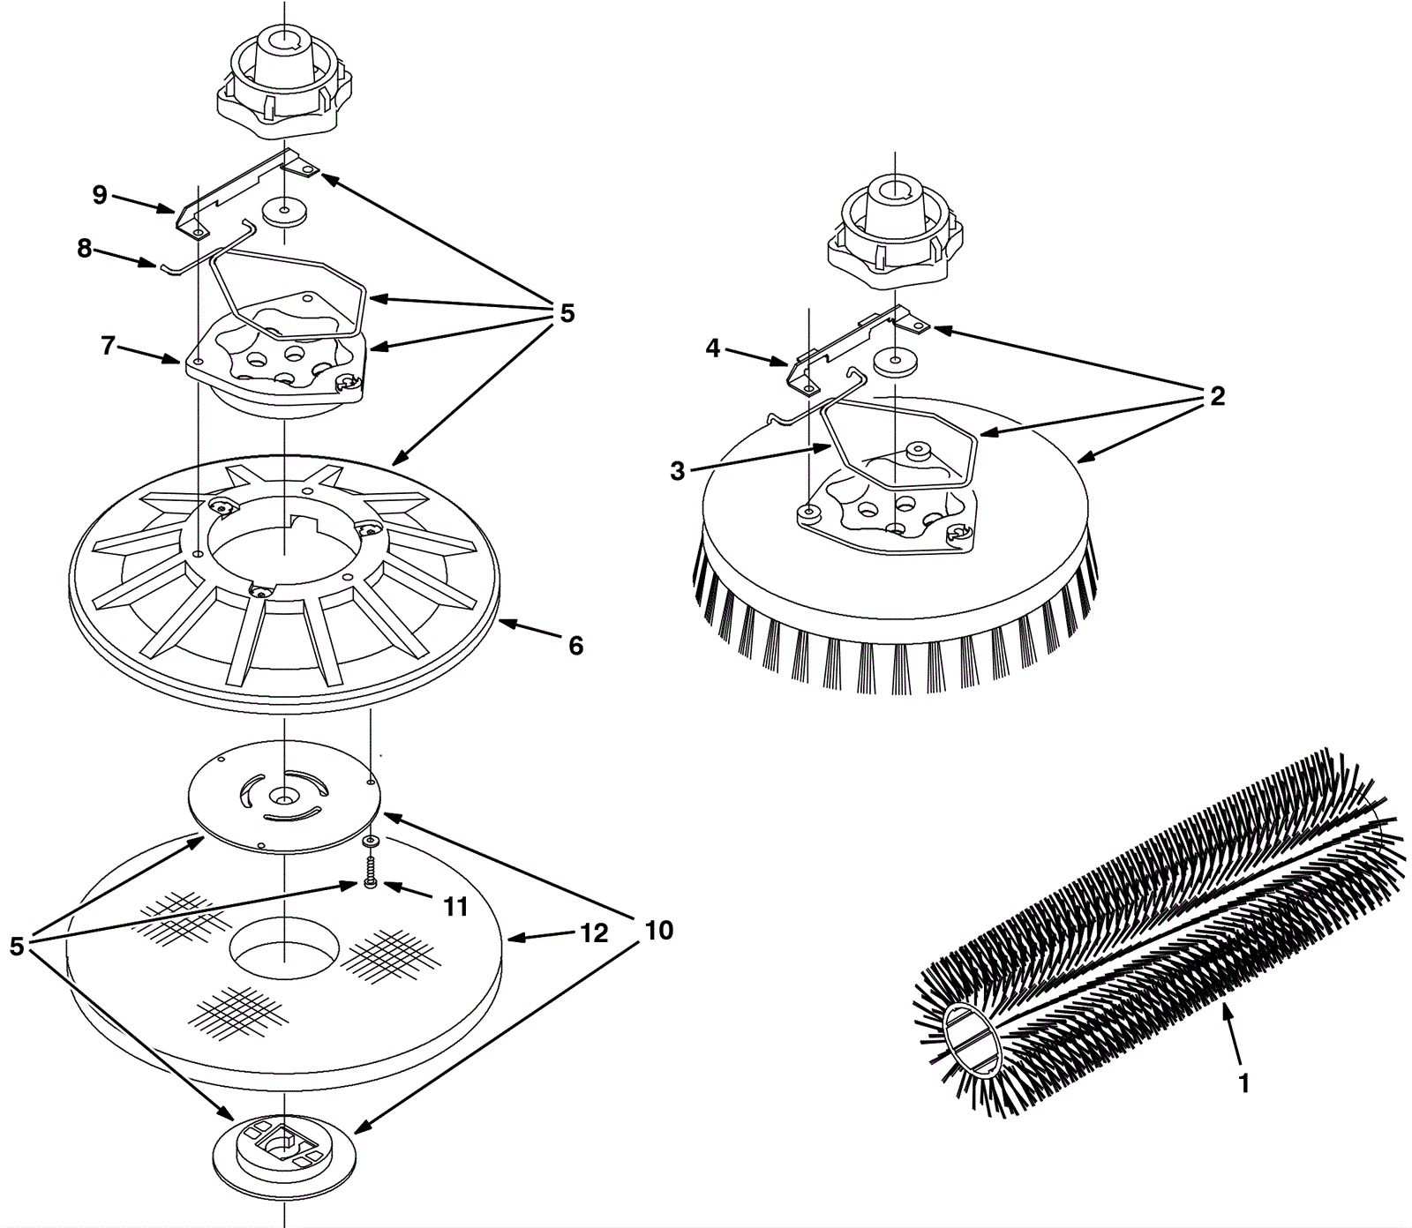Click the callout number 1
coord(1243,1083)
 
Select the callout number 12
coord(594,933)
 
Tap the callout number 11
coord(454,906)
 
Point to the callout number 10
coord(658,930)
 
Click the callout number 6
coord(575,646)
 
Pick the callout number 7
coord(108,346)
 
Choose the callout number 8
coord(85,249)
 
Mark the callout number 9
coord(100,194)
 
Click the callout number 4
coord(713,348)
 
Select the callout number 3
coord(677,471)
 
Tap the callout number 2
coord(1217,396)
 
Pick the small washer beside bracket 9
coord(284,212)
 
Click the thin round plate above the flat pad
coord(284,798)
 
